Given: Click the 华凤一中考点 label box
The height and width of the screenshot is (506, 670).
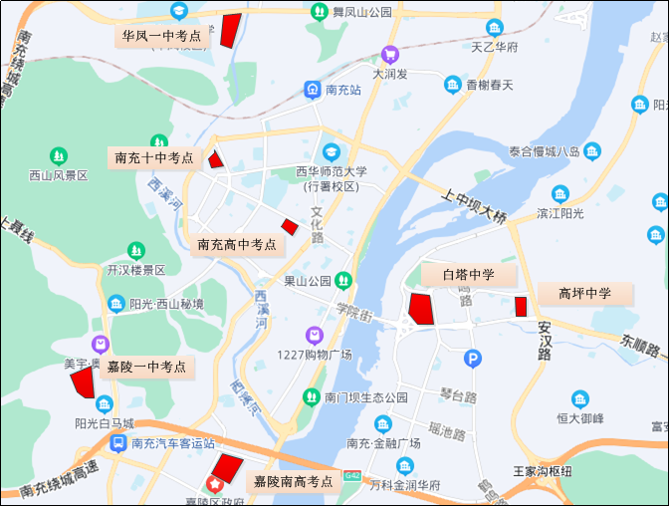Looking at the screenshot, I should [161, 36].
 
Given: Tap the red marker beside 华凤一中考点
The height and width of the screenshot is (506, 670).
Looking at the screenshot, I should [231, 30].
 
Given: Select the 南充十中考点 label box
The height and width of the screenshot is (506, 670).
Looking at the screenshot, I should [153, 157].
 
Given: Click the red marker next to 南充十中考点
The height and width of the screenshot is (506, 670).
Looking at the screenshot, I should [215, 159].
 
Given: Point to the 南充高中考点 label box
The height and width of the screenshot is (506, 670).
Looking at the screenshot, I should [236, 244].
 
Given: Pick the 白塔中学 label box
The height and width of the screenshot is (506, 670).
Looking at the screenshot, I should [468, 274].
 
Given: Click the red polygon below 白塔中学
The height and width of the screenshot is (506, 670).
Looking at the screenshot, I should [420, 309].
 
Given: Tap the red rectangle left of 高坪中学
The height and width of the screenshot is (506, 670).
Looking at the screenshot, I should [520, 307].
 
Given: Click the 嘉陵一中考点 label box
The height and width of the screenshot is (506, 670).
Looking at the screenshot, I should [146, 367].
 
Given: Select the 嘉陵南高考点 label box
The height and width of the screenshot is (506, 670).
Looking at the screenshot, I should [293, 481].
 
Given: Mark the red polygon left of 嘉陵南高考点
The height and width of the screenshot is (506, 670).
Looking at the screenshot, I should [227, 468].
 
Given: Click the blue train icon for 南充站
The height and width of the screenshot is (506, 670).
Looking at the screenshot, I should [313, 89].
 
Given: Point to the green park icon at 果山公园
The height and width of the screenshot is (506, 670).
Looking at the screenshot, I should [343, 280].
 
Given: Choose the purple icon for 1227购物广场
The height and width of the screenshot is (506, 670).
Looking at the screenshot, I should [315, 335].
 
